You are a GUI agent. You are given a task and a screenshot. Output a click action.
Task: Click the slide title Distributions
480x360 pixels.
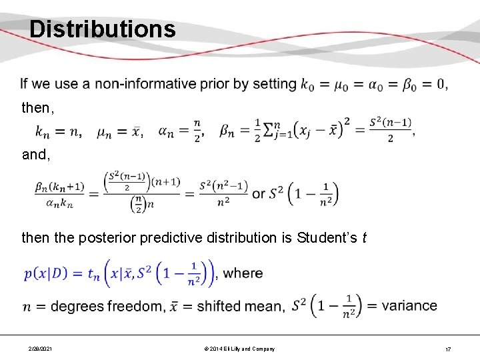(x=103, y=29)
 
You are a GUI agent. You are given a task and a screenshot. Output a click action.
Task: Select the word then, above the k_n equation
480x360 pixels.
(x=36, y=107)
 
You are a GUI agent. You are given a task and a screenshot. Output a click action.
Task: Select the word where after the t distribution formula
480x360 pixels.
(x=243, y=273)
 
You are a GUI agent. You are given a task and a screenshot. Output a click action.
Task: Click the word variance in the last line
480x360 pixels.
(x=410, y=306)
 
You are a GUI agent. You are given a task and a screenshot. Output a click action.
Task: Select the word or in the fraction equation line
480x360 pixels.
(x=259, y=194)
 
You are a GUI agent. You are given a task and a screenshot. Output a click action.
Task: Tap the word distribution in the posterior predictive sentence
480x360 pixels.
(x=255, y=237)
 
